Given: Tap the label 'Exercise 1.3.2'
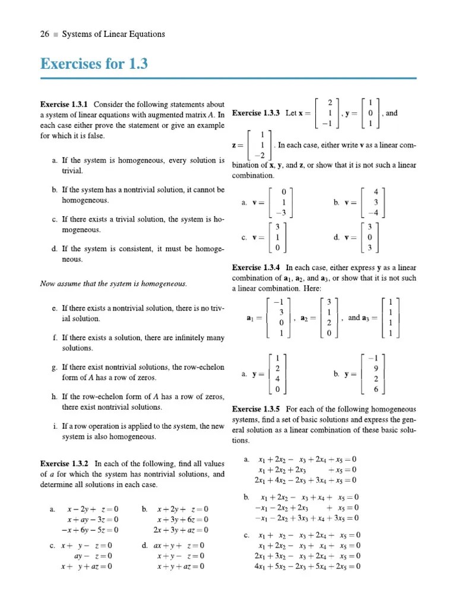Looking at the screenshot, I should tap(64, 464).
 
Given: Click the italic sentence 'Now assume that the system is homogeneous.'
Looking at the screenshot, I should tap(113, 284).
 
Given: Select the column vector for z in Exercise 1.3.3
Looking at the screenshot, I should tap(261, 145).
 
